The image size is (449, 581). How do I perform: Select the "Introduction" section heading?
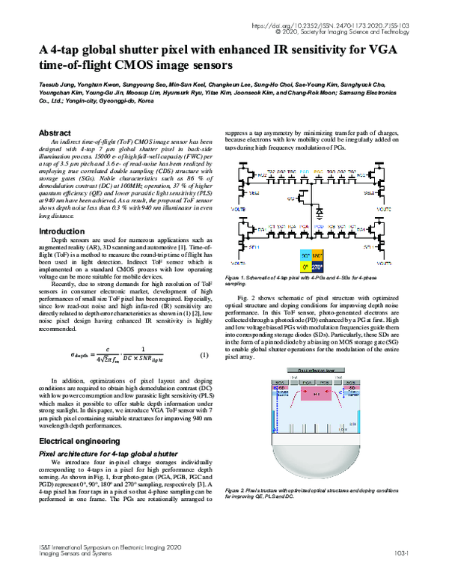(x=62, y=231)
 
